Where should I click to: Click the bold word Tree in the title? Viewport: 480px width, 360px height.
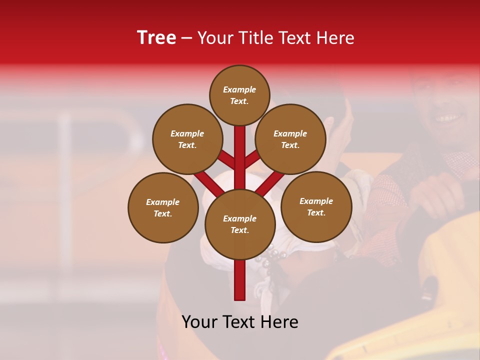coord(156,38)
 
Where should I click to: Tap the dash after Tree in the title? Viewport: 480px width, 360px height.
coord(186,38)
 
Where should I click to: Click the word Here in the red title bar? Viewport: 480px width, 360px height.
coord(335,38)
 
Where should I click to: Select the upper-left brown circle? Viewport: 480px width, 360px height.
coord(187,139)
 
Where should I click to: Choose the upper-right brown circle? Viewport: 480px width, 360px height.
coord(290,139)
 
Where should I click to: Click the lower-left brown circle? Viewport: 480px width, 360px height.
coord(163,207)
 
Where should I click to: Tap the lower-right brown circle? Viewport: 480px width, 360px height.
coord(316,206)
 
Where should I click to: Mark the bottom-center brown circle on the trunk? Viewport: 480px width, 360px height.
coord(240,224)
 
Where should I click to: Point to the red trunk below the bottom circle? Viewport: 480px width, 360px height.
coord(240,280)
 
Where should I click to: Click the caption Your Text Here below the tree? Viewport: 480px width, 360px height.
coord(240,322)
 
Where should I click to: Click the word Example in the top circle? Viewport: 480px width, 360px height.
coord(239,90)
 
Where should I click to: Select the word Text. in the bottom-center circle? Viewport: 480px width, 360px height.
coord(239,230)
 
